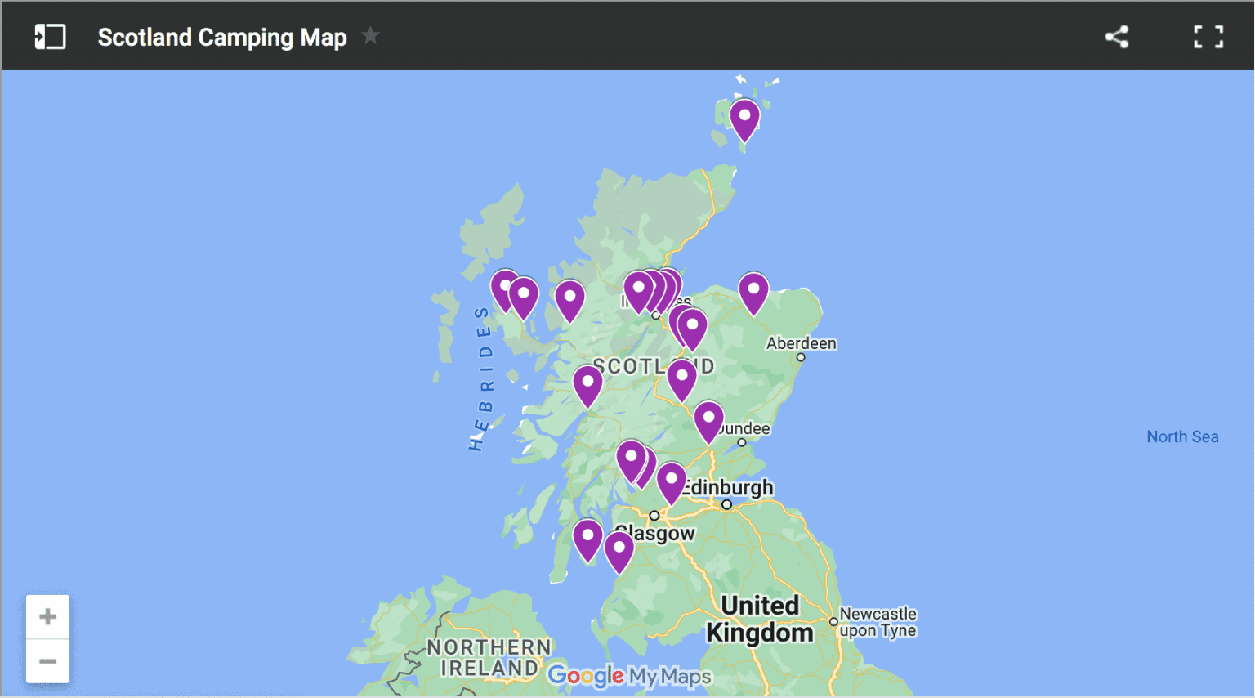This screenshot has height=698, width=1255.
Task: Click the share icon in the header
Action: pos(1116,37)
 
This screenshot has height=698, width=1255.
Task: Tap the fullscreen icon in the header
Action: pos(1208,37)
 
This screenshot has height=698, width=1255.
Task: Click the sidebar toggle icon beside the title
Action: pos(50,37)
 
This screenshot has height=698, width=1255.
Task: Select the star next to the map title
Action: pos(370,36)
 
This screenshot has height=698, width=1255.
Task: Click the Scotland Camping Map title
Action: pos(222,38)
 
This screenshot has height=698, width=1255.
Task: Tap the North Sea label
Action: pos(1181,436)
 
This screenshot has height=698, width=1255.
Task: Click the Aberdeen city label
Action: pos(801,343)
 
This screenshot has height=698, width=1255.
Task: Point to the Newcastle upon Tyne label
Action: pos(878,622)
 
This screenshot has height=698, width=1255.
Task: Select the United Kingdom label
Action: pos(759,619)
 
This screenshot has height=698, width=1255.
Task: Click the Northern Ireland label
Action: pos(489,658)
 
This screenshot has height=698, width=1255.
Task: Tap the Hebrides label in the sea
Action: pos(482,378)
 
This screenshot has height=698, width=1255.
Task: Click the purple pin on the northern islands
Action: pos(744,118)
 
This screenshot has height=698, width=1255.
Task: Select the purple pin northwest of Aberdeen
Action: pos(753,291)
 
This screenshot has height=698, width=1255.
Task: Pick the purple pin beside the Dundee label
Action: pos(708,419)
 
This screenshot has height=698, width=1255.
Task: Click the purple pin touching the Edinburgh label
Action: pos(671,481)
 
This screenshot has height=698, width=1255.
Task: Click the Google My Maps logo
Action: pos(629,676)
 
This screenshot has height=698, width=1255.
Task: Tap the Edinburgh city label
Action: pos(730,488)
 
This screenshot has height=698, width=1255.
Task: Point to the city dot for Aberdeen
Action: pos(801,357)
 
